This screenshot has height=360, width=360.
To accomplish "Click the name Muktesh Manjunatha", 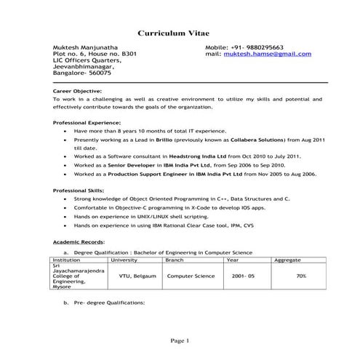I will [x=84, y=47].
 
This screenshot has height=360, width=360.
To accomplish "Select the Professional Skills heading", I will [x=78, y=190].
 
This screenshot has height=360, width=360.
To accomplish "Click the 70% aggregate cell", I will [x=301, y=276].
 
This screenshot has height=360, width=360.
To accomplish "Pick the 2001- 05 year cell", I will [x=243, y=276].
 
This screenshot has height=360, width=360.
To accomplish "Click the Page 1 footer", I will [x=180, y=340].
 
